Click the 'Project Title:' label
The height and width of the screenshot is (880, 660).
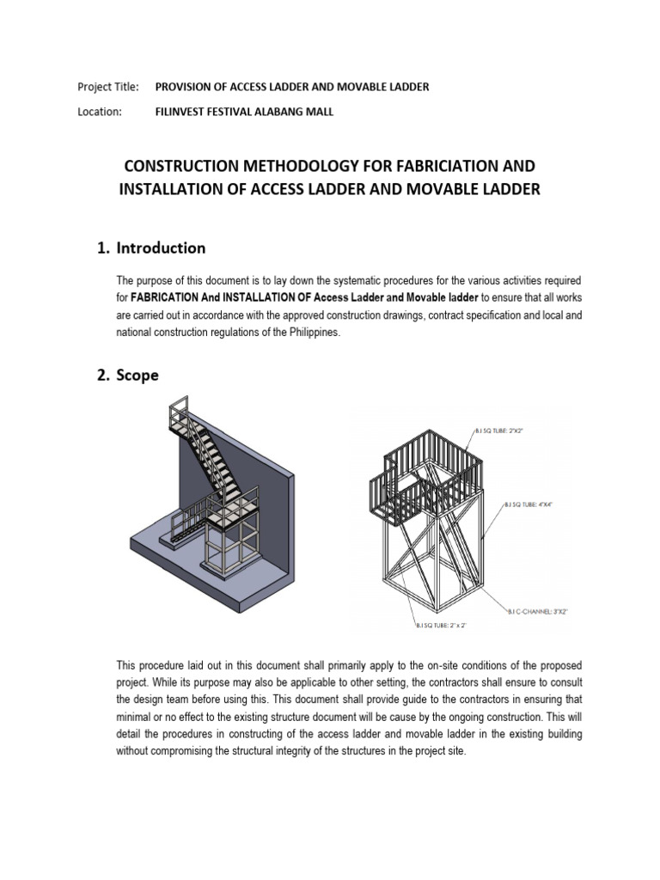point(107,87)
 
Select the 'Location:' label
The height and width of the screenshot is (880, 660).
point(100,111)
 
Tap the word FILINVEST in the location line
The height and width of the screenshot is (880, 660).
point(184,111)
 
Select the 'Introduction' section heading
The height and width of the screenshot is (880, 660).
point(161,248)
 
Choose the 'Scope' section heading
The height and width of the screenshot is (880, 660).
point(137,376)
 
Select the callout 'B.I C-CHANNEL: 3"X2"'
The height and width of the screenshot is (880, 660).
point(539,611)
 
